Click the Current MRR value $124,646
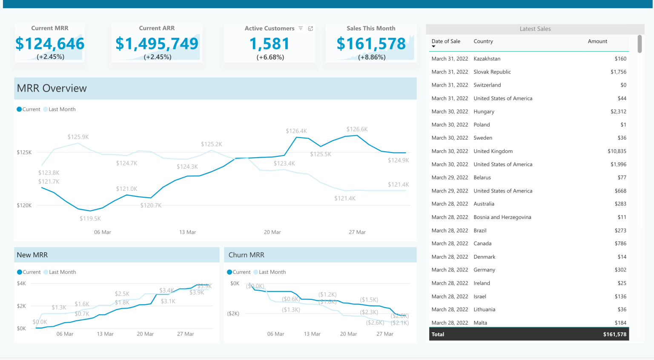coord(50,44)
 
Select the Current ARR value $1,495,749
coord(157,44)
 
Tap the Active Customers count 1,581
coord(270,44)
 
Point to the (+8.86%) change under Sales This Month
coord(372,57)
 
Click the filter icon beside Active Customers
coord(301,29)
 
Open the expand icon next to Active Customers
coord(310,29)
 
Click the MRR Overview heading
coord(52,88)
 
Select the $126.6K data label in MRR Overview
coord(357,129)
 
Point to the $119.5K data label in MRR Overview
coord(90,219)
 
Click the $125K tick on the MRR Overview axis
coord(24,152)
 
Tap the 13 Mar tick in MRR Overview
coord(187,232)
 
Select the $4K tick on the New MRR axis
coord(21,283)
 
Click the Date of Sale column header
coord(446,41)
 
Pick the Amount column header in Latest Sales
coord(597,41)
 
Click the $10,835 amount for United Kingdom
coord(617,151)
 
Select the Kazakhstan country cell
coord(487,59)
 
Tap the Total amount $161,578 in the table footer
coord(614,334)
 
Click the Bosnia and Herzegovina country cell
coord(502,217)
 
